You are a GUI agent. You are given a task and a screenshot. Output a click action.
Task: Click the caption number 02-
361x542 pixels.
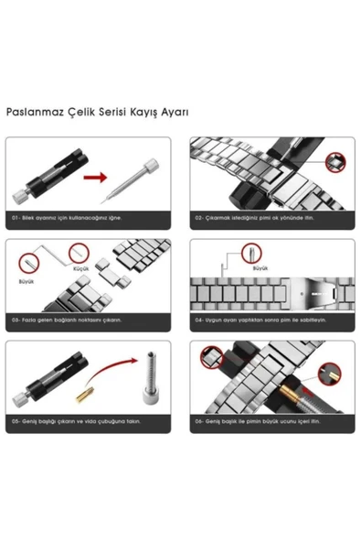[199, 219]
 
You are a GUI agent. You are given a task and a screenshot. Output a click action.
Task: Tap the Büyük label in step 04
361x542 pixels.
[260, 268]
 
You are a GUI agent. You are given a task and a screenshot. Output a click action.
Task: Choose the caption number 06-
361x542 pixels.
[199, 421]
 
